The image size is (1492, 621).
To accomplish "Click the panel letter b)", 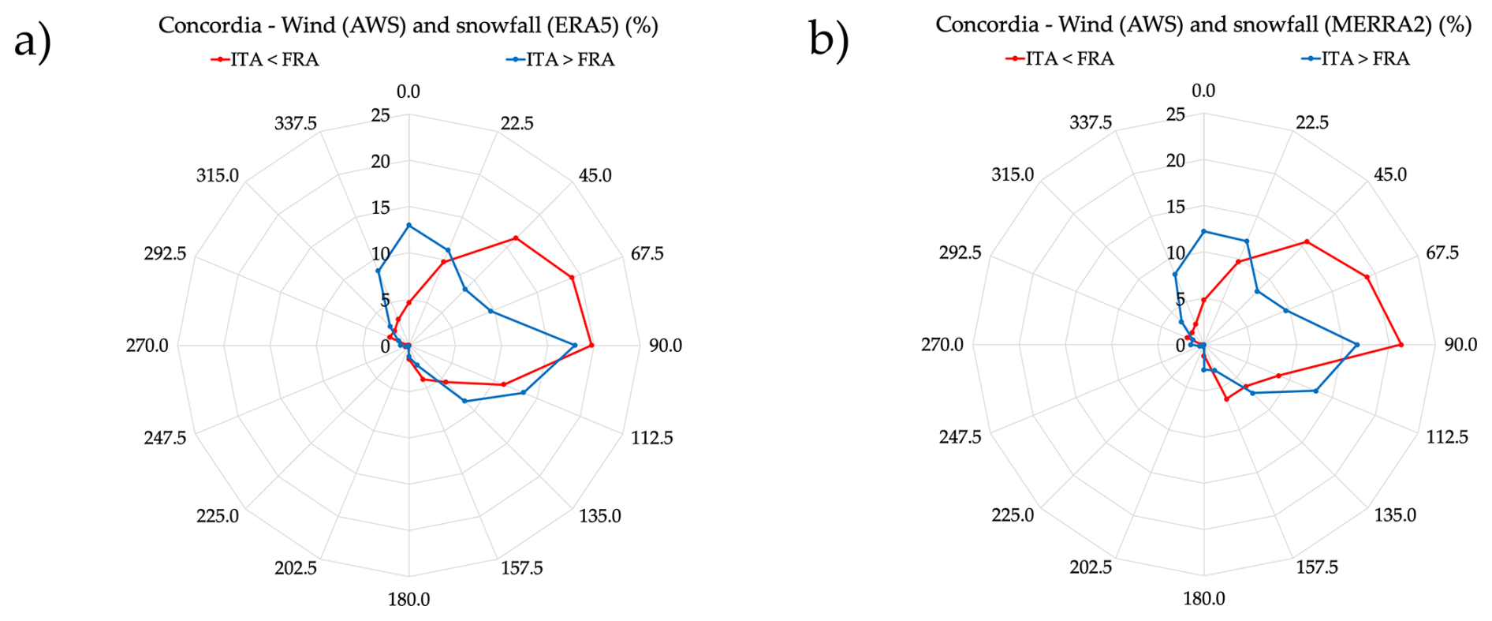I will pyautogui.click(x=828, y=39).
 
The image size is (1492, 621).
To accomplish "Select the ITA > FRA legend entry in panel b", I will pyautogui.click(x=1356, y=58).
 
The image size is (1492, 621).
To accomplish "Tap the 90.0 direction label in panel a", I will pyautogui.click(x=666, y=346).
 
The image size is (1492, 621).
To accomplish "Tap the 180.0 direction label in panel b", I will pyautogui.click(x=1203, y=598).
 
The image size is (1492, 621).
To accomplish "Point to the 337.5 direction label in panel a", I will pyautogui.click(x=296, y=123).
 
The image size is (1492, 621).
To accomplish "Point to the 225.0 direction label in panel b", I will pyautogui.click(x=1013, y=515).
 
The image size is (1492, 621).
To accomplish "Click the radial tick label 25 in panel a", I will pyautogui.click(x=381, y=116).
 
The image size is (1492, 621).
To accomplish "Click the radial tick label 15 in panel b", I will pyautogui.click(x=1176, y=207).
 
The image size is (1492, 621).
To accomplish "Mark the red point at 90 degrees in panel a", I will pyautogui.click(x=591, y=346).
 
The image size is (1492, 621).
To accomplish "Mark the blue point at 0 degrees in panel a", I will pyautogui.click(x=408, y=226).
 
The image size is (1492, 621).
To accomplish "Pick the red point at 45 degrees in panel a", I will pyautogui.click(x=516, y=238).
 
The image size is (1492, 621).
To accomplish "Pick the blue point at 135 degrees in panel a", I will pyautogui.click(x=523, y=392).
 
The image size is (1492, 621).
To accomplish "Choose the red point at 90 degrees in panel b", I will pyautogui.click(x=1401, y=345).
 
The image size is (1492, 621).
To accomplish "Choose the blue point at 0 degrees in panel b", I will pyautogui.click(x=1203, y=231).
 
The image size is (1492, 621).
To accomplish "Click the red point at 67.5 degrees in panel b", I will pyautogui.click(x=1367, y=277).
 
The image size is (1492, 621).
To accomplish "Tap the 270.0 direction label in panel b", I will pyautogui.click(x=942, y=345).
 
